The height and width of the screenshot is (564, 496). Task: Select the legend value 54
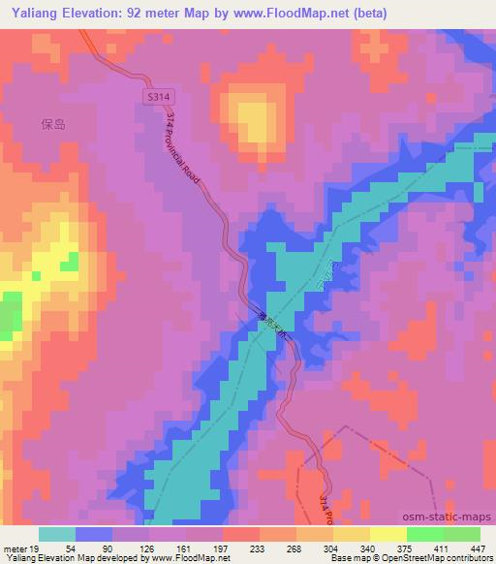72,548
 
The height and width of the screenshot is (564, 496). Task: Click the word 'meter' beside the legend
16,548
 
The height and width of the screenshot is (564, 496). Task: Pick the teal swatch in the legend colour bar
57,534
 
